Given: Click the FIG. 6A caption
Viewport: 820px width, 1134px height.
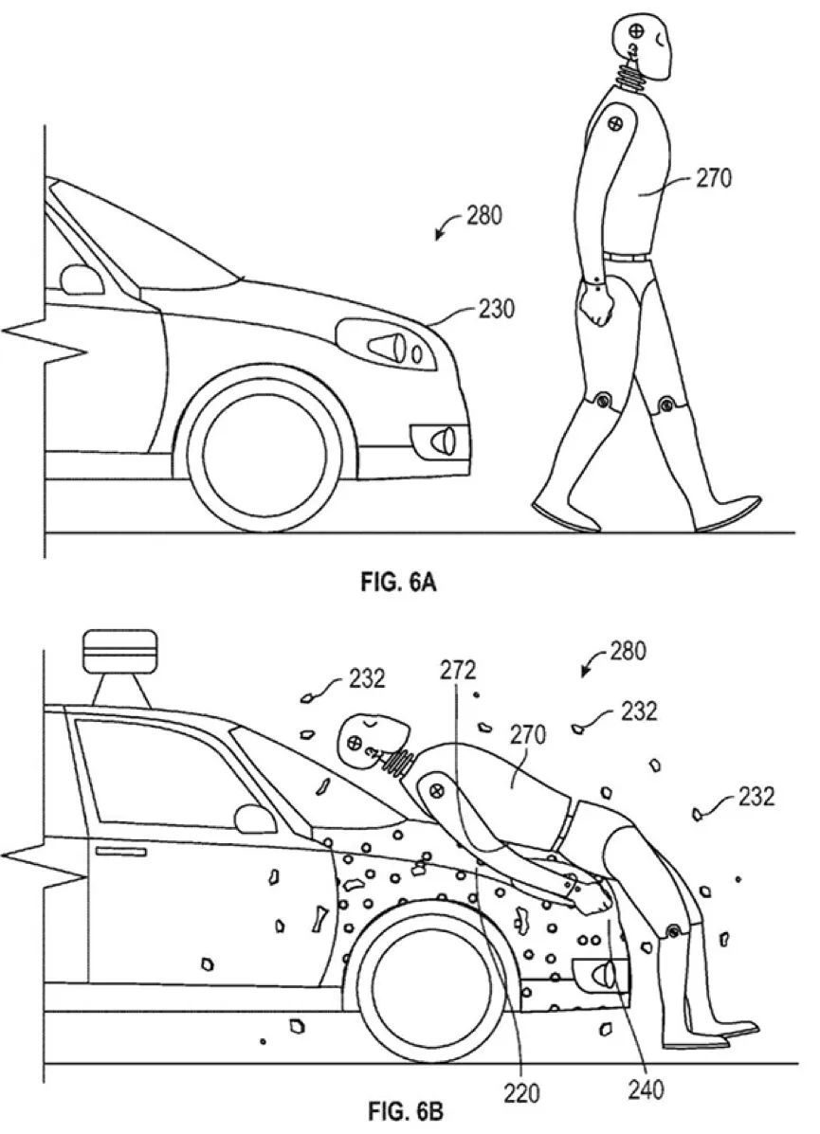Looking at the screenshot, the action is pos(398,583).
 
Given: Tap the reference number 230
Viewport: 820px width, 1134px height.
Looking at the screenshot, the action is pos(497,309).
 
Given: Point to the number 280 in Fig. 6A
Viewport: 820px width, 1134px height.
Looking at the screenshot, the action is pos(483,215).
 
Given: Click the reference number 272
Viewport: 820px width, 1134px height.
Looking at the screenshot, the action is pos(458,671).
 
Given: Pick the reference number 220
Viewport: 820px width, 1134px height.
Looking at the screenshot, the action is pos(521,1092).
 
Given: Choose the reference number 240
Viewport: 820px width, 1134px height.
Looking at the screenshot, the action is pos(645,1089).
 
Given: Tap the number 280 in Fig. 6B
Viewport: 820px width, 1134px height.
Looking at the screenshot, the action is pos(628,651).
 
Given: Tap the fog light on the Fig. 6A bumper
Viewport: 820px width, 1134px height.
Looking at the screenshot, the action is pos(439,440).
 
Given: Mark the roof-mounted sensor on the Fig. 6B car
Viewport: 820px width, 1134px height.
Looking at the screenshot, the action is pos(120,667).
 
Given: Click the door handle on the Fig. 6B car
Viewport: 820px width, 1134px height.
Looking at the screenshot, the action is pos(120,852).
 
